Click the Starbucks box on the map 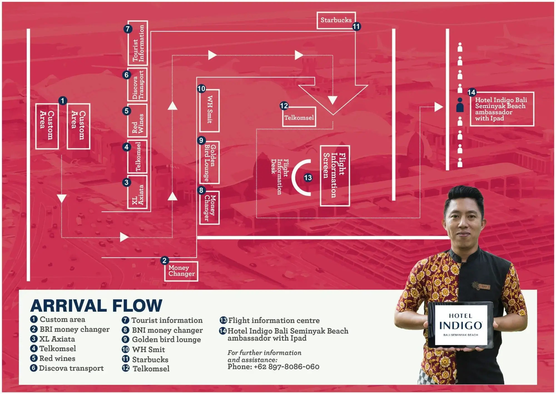(336, 20)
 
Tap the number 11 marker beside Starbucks (356, 27)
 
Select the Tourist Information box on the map (138, 43)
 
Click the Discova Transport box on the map (138, 85)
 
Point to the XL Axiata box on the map (138, 192)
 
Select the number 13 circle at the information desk (308, 178)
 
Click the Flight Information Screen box (335, 175)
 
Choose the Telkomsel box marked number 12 (299, 117)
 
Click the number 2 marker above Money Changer (164, 261)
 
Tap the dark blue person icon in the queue (460, 105)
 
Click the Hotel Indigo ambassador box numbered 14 (502, 109)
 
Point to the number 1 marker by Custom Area (63, 101)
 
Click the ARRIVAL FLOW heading (96, 306)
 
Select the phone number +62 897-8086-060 (273, 367)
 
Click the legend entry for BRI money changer (74, 329)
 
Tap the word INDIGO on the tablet (461, 326)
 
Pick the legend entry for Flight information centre (274, 321)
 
